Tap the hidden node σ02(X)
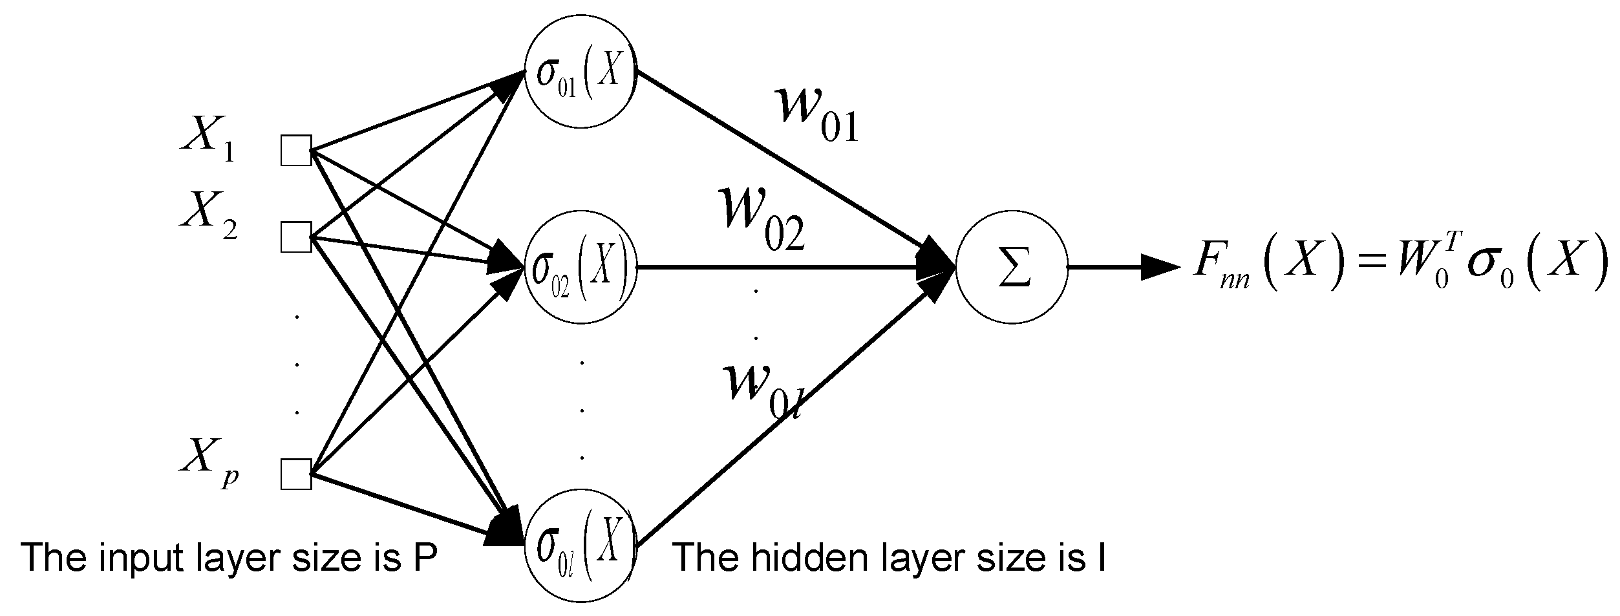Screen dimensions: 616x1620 581,266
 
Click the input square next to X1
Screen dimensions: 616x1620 297,151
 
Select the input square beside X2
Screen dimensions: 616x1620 297,236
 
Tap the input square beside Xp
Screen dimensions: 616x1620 297,473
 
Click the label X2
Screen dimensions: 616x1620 208,215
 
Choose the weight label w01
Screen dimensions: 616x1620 818,114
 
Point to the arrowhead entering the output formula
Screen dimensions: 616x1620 1160,266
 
